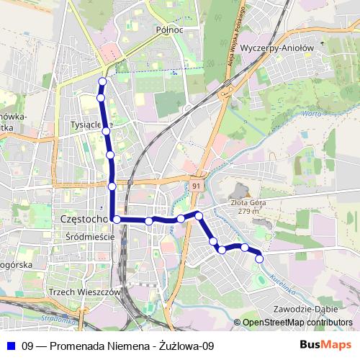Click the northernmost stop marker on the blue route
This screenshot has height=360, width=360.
click(x=102, y=81)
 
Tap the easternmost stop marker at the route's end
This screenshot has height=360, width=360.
click(x=260, y=258)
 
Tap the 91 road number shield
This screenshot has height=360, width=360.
click(x=196, y=186)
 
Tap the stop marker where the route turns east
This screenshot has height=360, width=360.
click(x=116, y=219)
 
